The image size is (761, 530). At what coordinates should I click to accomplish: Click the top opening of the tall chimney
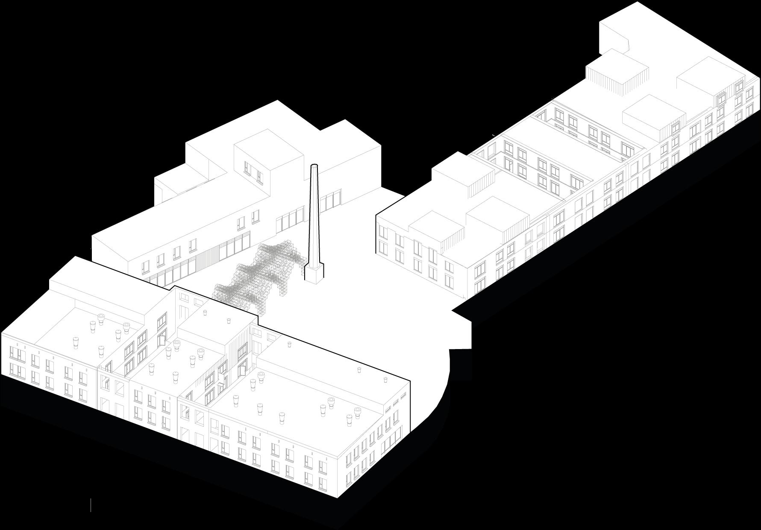click(x=314, y=166)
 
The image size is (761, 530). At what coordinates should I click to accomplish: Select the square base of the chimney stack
click(x=313, y=273)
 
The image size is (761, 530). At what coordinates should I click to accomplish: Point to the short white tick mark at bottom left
click(x=91, y=504)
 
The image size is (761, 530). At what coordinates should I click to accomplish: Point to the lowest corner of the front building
click(x=338, y=498)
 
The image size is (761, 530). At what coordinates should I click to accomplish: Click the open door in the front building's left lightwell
click(x=162, y=339)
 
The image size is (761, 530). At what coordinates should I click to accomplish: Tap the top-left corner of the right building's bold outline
click(x=376, y=214)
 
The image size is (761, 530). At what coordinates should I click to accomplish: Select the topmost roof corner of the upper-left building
click(x=278, y=101)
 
